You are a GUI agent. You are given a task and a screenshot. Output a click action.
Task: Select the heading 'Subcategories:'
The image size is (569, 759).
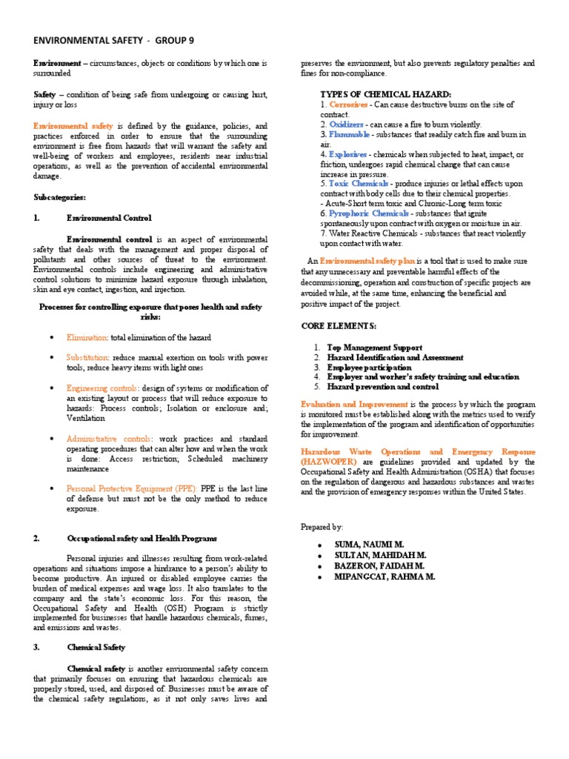pyautogui.click(x=59, y=198)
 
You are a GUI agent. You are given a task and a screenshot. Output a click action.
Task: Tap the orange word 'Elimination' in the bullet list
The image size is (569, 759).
pyautogui.click(x=87, y=337)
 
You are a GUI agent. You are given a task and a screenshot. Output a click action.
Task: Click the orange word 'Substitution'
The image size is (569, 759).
pyautogui.click(x=89, y=357)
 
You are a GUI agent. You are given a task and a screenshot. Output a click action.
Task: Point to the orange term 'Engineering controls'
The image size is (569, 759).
pyautogui.click(x=100, y=388)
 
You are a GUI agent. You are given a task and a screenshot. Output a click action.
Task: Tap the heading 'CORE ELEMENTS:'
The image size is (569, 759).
pyautogui.click(x=339, y=325)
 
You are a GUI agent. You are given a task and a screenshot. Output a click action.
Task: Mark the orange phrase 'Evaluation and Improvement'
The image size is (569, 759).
pyautogui.click(x=354, y=404)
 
